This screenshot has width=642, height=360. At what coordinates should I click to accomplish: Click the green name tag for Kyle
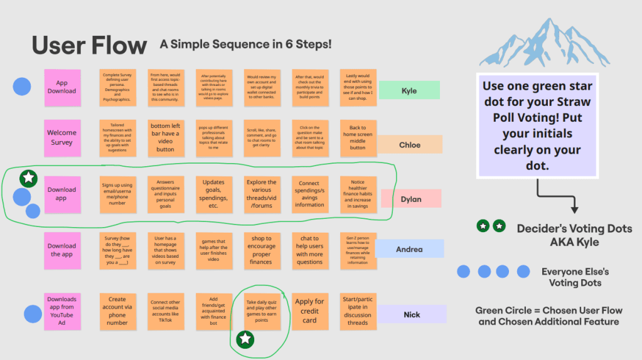coord(409,90)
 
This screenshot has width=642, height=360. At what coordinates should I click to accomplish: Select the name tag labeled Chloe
coord(409,145)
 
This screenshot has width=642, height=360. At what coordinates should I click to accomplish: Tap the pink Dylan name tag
coord(410,199)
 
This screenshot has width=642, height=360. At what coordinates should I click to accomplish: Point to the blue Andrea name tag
coord(409,249)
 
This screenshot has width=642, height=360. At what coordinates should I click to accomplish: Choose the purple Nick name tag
coord(412,314)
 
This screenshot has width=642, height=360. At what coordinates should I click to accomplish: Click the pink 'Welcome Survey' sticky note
coord(62,138)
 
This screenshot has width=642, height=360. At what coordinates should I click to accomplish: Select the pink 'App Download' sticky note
coord(62,87)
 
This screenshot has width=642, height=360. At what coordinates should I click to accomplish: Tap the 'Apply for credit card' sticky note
coord(309,311)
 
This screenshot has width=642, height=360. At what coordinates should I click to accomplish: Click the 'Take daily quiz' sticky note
coord(260,310)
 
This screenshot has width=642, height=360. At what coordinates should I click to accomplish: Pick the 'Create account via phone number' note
coord(117,311)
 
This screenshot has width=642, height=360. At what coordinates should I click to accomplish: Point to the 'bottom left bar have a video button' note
coord(165,138)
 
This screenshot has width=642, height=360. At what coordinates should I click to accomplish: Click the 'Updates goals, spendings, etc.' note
coord(213,193)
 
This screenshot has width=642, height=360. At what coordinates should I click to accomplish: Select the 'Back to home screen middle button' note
coord(358,138)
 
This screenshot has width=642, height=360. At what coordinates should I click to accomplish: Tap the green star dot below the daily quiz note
coord(245,339)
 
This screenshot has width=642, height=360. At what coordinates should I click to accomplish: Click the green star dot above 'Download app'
coord(28,177)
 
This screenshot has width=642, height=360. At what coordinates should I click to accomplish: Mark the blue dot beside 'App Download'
coord(23,87)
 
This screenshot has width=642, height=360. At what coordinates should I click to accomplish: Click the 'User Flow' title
coord(89,45)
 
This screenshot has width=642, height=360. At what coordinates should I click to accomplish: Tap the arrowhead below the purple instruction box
coord(574,210)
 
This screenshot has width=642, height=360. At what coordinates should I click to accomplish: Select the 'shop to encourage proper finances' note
coord(261,250)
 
